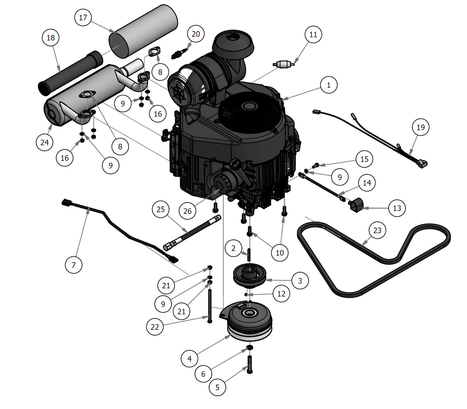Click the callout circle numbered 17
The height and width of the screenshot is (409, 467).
pyautogui.click(x=83, y=17)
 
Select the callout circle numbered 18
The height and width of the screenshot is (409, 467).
pyautogui.click(x=51, y=38)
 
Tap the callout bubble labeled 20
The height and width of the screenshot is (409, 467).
pyautogui.click(x=196, y=34)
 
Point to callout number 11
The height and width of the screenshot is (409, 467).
pyautogui.click(x=313, y=34)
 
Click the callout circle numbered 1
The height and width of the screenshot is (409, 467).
pyautogui.click(x=329, y=85)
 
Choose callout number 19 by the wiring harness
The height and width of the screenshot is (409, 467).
pyautogui.click(x=421, y=127)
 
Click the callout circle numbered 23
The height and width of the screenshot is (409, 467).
pyautogui.click(x=377, y=230)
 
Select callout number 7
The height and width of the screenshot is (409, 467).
pyautogui.click(x=74, y=265)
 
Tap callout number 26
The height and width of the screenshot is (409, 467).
pyautogui.click(x=187, y=211)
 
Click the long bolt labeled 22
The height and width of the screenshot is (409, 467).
pyautogui.click(x=209, y=305)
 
